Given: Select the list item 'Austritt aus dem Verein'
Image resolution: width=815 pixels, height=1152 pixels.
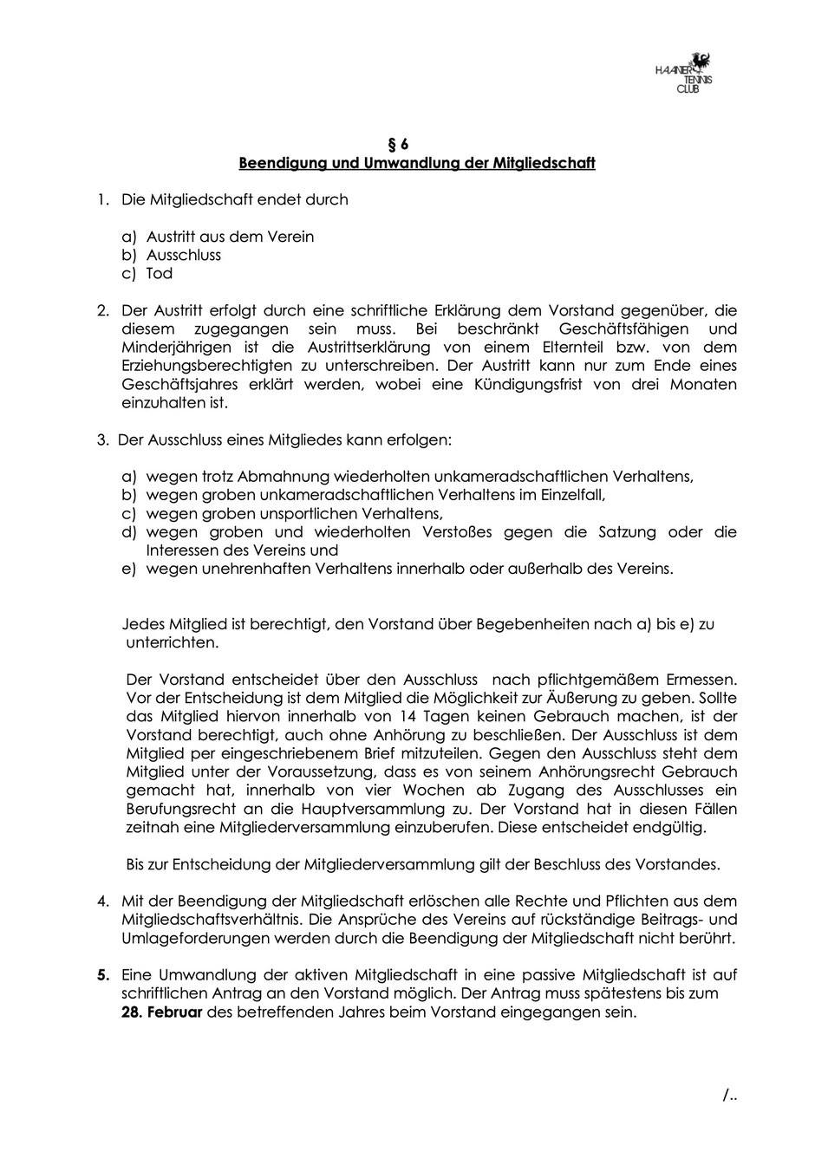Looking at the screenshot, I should (230, 237).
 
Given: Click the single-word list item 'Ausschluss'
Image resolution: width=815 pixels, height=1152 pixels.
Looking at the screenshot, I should (184, 255).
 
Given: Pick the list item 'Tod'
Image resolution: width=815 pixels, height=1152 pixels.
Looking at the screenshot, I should (160, 273).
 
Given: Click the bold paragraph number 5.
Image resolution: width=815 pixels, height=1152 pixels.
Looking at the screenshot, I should (103, 975).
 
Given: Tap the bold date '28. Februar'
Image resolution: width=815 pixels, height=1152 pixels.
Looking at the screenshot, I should (161, 1012).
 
